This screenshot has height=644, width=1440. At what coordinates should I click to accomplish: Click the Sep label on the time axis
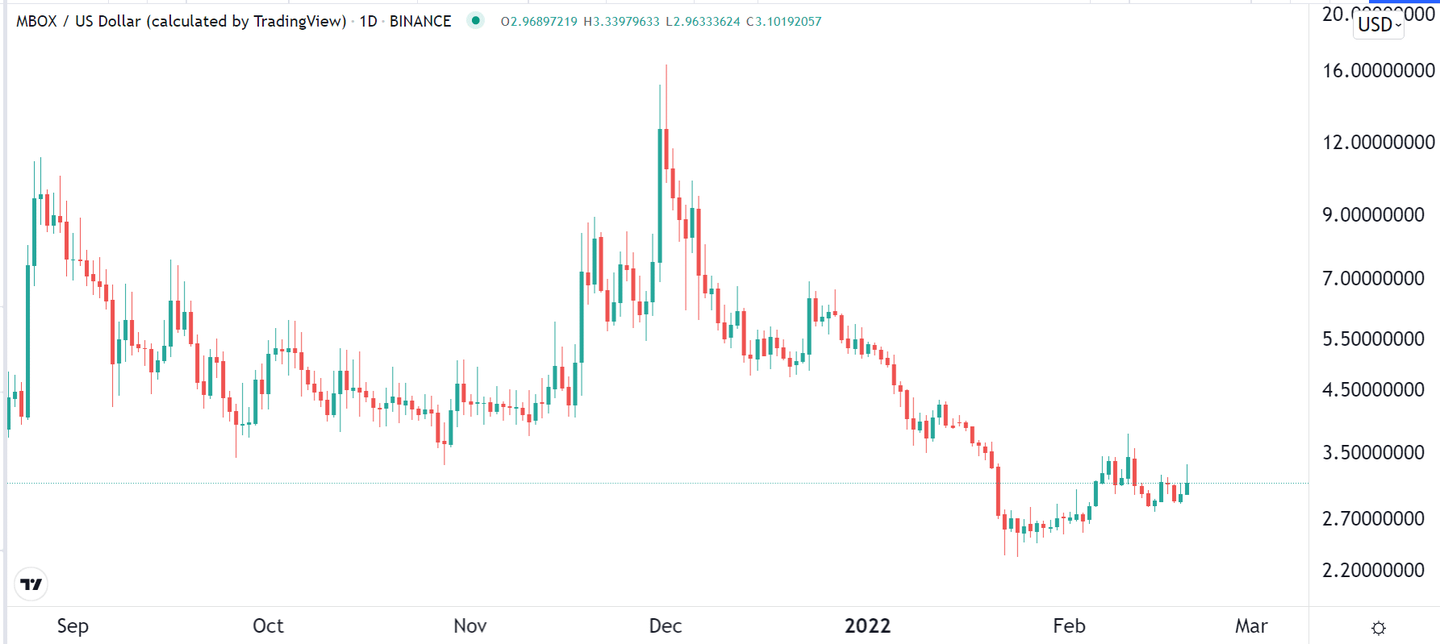(x=73, y=626)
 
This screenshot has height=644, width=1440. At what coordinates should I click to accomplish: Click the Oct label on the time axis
(x=268, y=626)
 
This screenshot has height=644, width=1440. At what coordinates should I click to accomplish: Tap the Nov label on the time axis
(x=470, y=626)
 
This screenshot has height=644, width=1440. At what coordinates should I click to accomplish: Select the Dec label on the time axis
(x=666, y=626)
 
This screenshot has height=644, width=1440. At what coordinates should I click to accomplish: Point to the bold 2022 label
(x=867, y=626)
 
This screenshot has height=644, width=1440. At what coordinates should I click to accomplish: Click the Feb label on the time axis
(x=1069, y=626)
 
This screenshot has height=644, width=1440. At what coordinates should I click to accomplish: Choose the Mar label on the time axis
(x=1251, y=626)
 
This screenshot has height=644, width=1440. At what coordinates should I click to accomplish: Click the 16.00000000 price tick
(x=1378, y=71)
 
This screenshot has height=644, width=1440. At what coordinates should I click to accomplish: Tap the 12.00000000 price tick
(x=1378, y=143)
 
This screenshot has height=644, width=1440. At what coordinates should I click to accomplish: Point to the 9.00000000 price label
(x=1373, y=215)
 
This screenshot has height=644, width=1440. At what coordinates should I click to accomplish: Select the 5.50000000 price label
(x=1373, y=339)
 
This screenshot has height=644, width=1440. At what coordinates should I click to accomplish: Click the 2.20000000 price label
(x=1373, y=571)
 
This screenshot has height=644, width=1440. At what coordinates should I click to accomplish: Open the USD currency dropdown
(x=1378, y=25)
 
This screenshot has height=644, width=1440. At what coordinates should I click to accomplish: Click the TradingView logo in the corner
(x=31, y=584)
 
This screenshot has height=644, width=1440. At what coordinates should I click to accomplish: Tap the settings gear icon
(x=1379, y=628)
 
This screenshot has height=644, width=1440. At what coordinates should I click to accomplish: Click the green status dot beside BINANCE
(x=476, y=21)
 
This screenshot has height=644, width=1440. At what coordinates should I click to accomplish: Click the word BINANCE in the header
(x=420, y=22)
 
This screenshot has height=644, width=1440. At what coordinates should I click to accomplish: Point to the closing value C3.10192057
(x=783, y=22)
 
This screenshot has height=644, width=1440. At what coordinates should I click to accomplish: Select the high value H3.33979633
(x=621, y=22)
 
